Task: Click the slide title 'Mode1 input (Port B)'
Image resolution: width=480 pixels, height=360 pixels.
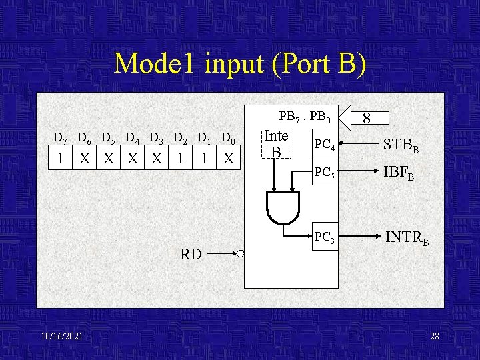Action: point(240,64)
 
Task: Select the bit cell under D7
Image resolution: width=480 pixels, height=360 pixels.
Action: point(61,159)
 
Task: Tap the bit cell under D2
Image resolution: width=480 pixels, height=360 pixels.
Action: point(180,159)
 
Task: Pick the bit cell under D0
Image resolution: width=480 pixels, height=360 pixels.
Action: point(228,159)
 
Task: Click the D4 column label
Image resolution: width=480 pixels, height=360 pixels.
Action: point(132,139)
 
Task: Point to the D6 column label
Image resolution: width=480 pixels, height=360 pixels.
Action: point(84,139)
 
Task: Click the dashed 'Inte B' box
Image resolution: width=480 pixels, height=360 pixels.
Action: point(276,144)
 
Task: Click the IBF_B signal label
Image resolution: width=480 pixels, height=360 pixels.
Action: point(399,173)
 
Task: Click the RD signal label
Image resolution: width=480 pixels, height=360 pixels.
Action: point(191,254)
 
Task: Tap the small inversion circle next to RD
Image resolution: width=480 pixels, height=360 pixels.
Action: point(240,254)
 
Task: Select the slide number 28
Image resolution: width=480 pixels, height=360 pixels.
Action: point(435,337)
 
